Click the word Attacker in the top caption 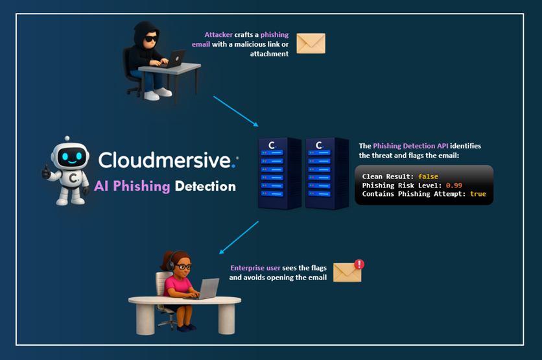218,34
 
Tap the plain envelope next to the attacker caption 311,43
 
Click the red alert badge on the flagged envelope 359,264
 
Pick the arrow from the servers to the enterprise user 239,237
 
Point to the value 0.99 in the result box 453,185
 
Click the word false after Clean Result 428,176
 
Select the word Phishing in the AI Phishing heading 141,187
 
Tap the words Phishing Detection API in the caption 421,146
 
